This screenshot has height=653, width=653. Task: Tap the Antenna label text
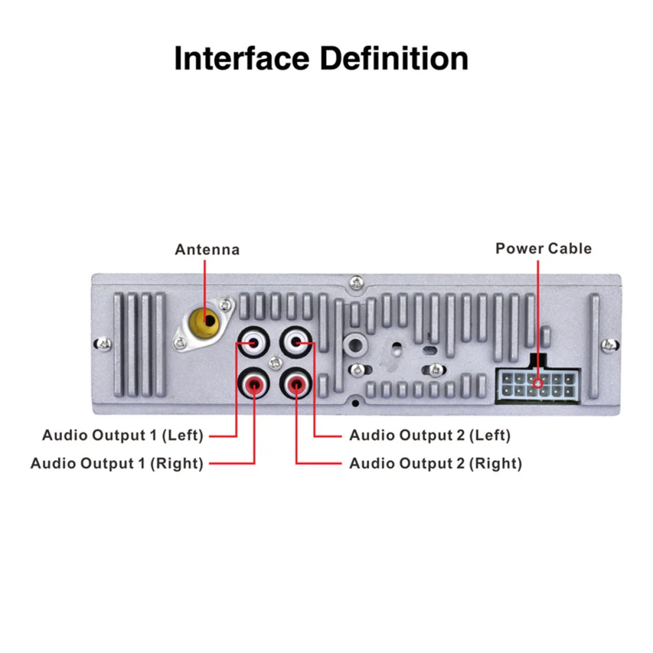pyautogui.click(x=207, y=249)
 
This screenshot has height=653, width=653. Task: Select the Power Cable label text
pyautogui.click(x=543, y=248)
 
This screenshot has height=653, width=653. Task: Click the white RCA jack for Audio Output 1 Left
pyautogui.click(x=253, y=342)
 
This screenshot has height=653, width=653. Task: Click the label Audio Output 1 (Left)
pyautogui.click(x=123, y=435)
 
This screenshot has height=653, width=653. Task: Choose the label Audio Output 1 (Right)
pyautogui.click(x=117, y=464)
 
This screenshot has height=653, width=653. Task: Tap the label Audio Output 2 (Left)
pyautogui.click(x=430, y=435)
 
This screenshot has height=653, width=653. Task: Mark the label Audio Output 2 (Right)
pyautogui.click(x=436, y=464)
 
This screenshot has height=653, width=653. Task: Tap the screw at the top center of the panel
pyautogui.click(x=355, y=282)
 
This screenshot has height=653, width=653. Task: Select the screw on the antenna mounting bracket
pyautogui.click(x=225, y=304)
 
